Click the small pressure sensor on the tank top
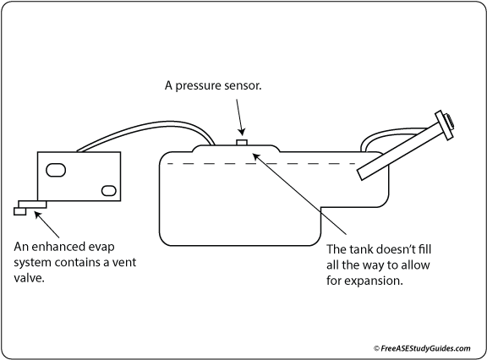243,143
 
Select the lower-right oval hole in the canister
107,188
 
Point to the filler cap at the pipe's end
443,123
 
